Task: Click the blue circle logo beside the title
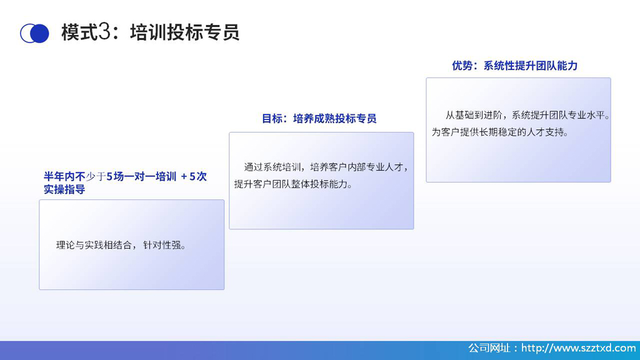pyautogui.click(x=35, y=33)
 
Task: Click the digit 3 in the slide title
pyautogui.click(x=104, y=32)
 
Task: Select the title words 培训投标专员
pyautogui.click(x=184, y=32)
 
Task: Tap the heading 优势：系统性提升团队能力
pyautogui.click(x=514, y=66)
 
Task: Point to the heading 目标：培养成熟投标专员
pyautogui.click(x=319, y=118)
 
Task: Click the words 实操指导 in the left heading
pyautogui.click(x=64, y=189)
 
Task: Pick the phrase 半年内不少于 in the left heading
pyautogui.click(x=75, y=176)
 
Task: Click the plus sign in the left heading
pyautogui.click(x=184, y=176)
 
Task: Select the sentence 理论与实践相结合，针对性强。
pyautogui.click(x=121, y=245)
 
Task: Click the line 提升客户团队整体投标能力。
pyautogui.click(x=294, y=184)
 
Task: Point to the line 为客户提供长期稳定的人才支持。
pyautogui.click(x=500, y=132)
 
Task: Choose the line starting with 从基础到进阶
pyautogui.click(x=527, y=115)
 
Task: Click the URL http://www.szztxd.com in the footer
pyautogui.click(x=578, y=348)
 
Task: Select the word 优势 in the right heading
pyautogui.click(x=462, y=66)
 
